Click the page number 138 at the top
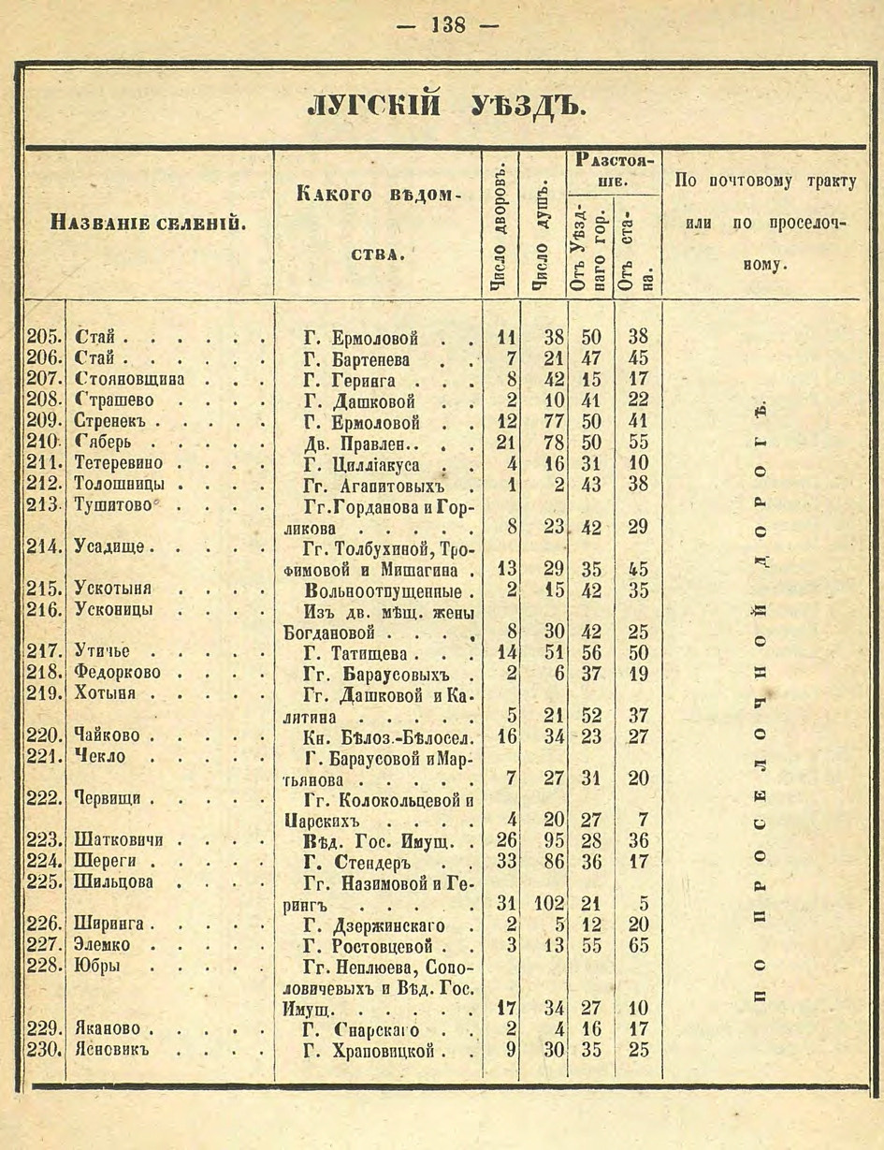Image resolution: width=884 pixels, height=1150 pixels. tap(447, 25)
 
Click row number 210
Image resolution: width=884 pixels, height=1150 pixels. tap(42, 441)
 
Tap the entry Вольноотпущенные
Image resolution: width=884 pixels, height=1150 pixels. tap(384, 590)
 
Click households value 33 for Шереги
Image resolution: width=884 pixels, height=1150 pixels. tap(506, 862)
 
